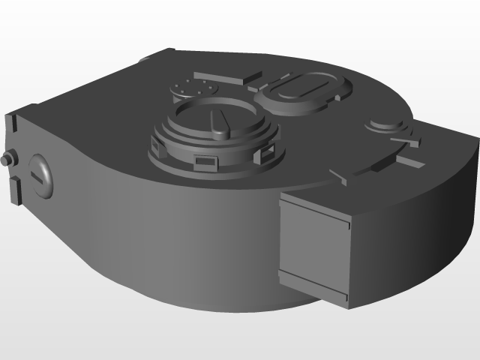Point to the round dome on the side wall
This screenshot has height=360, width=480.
tap(41, 175)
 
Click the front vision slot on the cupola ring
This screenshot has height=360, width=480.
tap(204, 160)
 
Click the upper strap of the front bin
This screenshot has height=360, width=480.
tap(315, 209)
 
